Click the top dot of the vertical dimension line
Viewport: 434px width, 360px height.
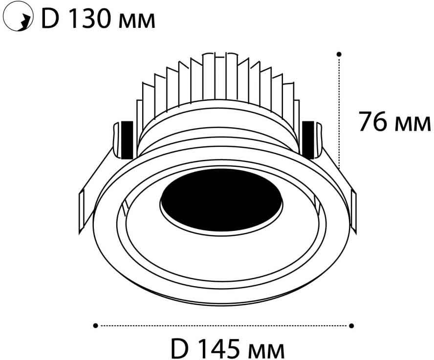339,54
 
